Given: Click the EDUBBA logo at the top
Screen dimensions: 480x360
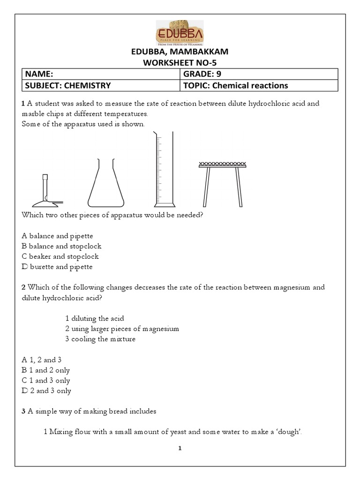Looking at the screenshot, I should (x=180, y=32).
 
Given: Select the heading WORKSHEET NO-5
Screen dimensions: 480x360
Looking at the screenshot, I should (x=180, y=63).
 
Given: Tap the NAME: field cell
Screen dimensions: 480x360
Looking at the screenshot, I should (x=101, y=74).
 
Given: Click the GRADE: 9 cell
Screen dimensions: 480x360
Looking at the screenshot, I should (x=259, y=74).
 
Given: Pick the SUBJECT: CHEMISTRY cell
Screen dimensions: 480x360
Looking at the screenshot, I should (x=101, y=85).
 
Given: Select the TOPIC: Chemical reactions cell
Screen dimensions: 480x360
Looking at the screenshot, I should (x=259, y=85).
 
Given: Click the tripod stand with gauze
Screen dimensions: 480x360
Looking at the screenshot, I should (x=222, y=183).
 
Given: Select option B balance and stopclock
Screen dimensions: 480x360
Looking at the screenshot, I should (x=61, y=246).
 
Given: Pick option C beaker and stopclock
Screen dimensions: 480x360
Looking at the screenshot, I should (x=60, y=256).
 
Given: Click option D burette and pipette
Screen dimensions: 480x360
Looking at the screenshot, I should (x=57, y=267).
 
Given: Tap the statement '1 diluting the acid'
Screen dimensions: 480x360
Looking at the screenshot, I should (x=94, y=318).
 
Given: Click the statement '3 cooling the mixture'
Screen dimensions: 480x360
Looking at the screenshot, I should (x=100, y=339).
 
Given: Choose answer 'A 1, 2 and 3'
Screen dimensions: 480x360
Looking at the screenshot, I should (x=42, y=360).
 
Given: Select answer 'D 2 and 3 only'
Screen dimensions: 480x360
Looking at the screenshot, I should (x=46, y=391).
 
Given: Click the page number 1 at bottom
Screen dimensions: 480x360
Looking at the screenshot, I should (x=180, y=448).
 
